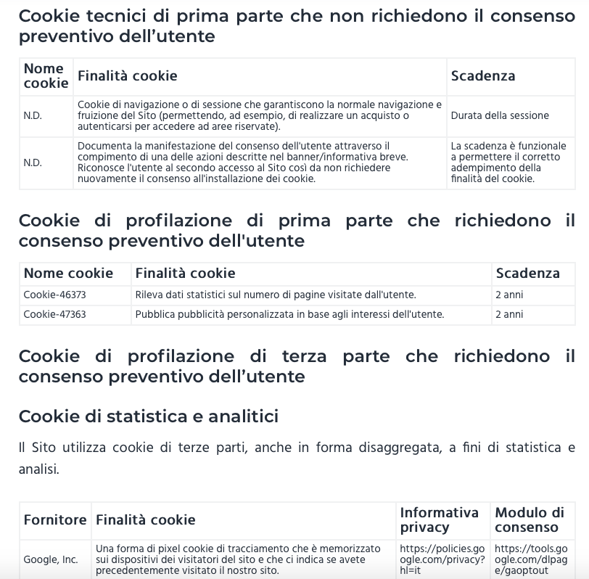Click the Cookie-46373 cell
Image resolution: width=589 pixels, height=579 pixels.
54,295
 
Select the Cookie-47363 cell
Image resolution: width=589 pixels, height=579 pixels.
54,314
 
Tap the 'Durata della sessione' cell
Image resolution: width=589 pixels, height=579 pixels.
500,115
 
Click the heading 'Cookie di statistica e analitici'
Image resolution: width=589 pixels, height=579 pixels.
149,416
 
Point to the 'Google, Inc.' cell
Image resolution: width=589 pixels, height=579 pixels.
51,559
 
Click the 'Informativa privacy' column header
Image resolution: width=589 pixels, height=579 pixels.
440,520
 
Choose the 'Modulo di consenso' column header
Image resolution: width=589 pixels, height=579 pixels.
530,520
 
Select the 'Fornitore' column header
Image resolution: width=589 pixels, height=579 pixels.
55,520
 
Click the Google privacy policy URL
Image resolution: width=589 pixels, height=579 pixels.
442,559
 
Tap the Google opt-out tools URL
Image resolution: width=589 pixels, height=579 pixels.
532,559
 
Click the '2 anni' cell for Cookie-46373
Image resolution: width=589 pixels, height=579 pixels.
509,295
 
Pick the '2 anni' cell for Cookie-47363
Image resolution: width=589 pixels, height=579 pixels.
509,314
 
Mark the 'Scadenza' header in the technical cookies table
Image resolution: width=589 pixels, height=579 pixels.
483,75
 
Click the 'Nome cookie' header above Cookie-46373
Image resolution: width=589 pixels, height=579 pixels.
68,273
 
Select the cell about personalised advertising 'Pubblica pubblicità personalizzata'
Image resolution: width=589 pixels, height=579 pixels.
289,314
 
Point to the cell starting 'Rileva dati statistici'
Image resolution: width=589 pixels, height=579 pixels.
276,295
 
